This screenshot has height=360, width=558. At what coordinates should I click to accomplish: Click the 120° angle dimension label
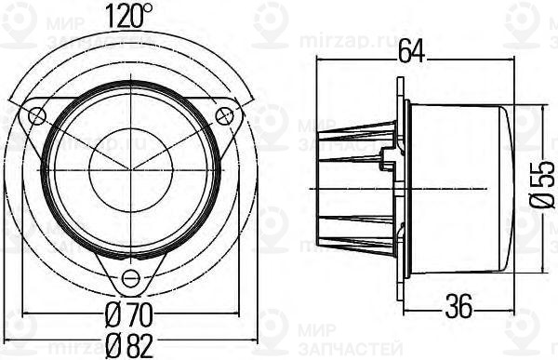tap(129, 14)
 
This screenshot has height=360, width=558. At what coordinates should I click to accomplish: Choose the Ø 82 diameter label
tap(129, 346)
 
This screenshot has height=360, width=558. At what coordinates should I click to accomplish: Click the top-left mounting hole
tap(37, 114)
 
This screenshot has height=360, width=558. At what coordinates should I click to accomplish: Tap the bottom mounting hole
tap(130, 276)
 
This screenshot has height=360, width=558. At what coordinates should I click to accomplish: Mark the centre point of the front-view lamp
tap(130, 167)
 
